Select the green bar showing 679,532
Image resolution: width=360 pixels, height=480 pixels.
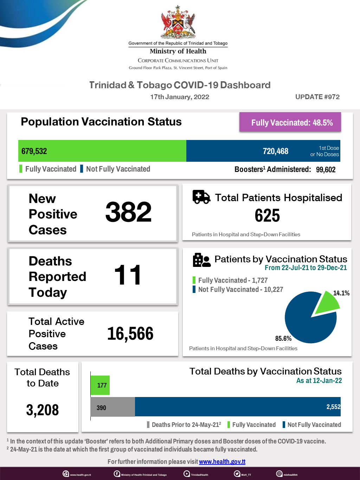tap(102, 151)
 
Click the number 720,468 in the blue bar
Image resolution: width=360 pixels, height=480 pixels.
tap(275, 151)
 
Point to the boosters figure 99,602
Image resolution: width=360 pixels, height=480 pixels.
tap(326, 169)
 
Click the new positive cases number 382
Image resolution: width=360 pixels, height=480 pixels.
tap(128, 212)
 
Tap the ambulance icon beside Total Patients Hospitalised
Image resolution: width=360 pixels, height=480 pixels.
tap(201, 197)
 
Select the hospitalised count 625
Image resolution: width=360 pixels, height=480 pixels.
tap(267, 216)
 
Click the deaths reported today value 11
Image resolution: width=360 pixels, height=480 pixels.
tap(128, 275)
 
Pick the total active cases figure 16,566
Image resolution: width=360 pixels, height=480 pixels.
tap(130, 334)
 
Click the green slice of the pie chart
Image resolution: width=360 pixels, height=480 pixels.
tap(327, 303)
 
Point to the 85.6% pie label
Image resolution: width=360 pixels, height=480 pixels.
tap(283, 338)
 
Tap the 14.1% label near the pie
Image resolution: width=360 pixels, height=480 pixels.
tap(341, 293)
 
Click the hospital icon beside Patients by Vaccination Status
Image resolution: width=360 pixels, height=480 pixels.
tap(201, 260)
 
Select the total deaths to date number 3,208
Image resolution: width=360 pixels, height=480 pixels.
tap(43, 410)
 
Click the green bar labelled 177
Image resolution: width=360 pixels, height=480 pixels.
tap(100, 385)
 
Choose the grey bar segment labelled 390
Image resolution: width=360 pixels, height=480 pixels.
tap(112, 407)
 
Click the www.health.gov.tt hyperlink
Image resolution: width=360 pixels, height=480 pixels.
tap(222, 462)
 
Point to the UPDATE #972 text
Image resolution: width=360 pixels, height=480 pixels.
tap(317, 97)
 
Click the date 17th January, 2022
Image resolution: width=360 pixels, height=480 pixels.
tap(180, 97)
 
